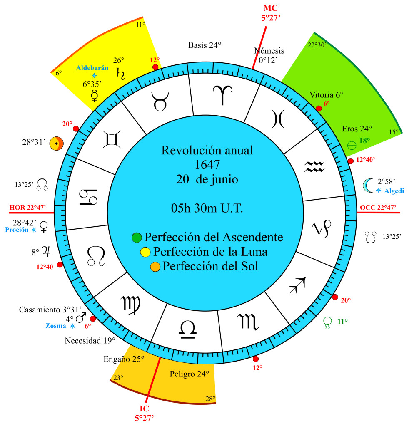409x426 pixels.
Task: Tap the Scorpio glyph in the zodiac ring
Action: point(248,322)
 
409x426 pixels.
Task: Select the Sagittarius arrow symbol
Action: point(298,285)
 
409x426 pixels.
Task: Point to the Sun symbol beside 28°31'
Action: point(57,143)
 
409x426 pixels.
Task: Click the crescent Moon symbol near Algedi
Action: point(368,186)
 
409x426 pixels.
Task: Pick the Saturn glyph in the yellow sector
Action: point(120,74)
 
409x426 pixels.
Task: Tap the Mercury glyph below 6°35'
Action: point(95,96)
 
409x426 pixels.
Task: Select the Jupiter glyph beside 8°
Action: point(47,252)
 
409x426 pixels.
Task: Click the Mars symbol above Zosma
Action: point(81,317)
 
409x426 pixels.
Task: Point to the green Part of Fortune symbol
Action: point(352,146)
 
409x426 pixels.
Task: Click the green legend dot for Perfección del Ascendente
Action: point(137,238)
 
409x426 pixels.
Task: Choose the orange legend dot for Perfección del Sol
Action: point(155,267)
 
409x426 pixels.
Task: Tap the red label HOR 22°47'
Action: point(28,208)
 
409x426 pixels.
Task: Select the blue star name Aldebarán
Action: point(92,68)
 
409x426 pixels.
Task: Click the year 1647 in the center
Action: point(207,165)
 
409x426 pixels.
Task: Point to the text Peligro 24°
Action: point(190,374)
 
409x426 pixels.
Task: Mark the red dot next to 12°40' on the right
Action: point(351,161)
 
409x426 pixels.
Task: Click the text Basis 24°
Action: point(204,45)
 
